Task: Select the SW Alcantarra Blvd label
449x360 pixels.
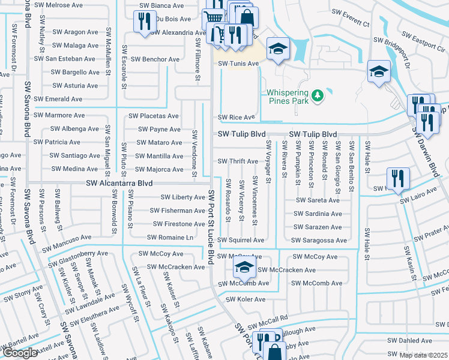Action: pyautogui.click(x=119, y=183)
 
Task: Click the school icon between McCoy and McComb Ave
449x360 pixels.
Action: pyautogui.click(x=244, y=268)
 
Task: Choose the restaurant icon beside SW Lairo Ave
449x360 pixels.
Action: pyautogui.click(x=397, y=178)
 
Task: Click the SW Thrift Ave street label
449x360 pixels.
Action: pyautogui.click(x=238, y=161)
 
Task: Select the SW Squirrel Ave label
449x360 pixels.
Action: pyautogui.click(x=241, y=240)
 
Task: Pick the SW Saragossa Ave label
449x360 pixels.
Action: pyautogui.click(x=319, y=240)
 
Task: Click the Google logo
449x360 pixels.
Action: pyautogui.click(x=19, y=353)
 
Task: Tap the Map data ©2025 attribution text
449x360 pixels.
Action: pyautogui.click(x=423, y=355)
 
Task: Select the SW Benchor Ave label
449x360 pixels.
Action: pyautogui.click(x=155, y=59)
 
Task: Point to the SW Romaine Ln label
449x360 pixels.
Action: pyautogui.click(x=172, y=238)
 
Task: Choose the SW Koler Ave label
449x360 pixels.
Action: pyautogui.click(x=245, y=299)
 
